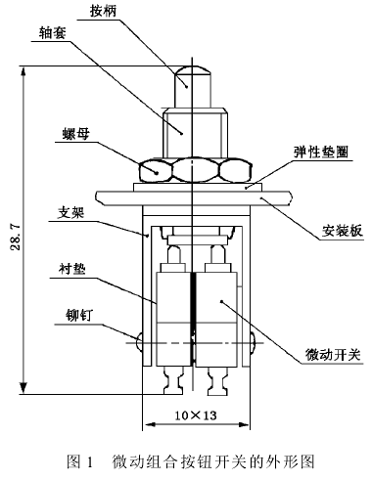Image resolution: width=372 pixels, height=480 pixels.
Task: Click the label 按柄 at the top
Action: [x=103, y=12]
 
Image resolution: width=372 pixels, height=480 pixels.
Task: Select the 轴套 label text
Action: [x=52, y=32]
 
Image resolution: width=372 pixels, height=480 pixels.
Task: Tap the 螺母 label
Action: [x=76, y=133]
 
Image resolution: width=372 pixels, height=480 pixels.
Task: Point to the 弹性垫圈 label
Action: [x=321, y=152]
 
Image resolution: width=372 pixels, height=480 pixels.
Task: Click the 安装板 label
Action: [x=343, y=231]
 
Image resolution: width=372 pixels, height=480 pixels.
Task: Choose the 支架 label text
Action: [x=70, y=213]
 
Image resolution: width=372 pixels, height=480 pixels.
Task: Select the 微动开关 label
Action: [x=333, y=354]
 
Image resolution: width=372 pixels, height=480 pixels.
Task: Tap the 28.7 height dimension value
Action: [x=16, y=237]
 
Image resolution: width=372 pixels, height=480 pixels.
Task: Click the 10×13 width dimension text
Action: [x=196, y=415]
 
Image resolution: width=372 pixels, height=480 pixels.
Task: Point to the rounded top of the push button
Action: [x=192, y=69]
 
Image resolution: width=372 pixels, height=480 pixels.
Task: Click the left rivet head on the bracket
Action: [x=139, y=342]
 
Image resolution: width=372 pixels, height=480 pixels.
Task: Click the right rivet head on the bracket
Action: [x=253, y=342]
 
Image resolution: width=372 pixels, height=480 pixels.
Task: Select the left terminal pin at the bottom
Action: [x=173, y=380]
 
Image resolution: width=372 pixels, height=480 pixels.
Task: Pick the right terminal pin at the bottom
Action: [x=218, y=380]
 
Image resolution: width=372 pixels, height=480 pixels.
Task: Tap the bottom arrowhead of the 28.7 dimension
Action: [x=23, y=387]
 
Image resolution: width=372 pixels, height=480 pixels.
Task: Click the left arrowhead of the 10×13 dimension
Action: [x=150, y=424]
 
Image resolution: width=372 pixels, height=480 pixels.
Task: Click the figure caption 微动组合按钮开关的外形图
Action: [x=213, y=461]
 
